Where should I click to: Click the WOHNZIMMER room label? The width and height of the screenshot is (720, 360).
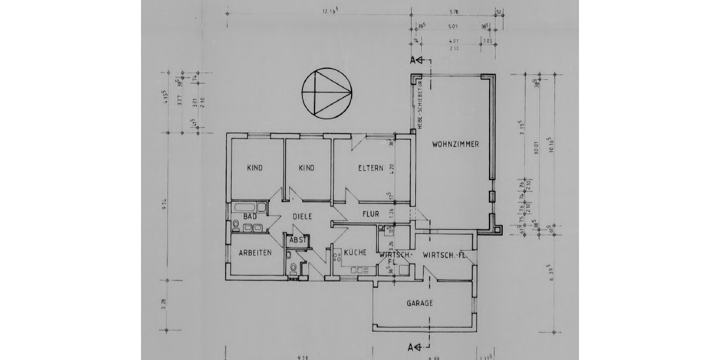coord(454,144)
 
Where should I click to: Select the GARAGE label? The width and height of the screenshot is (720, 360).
coord(420,304)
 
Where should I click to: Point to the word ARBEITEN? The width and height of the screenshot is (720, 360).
coord(256,253)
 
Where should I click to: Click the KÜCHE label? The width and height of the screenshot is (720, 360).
coord(354,253)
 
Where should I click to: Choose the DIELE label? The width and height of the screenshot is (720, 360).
coord(302,217)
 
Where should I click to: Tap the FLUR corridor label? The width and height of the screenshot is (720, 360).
coord(370,213)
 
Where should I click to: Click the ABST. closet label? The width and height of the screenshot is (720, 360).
coord(298,240)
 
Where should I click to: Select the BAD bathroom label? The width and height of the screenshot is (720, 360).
coord(250,216)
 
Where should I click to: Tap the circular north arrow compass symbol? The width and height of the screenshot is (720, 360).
coord(326,92)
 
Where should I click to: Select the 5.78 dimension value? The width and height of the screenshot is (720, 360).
coord(454,11)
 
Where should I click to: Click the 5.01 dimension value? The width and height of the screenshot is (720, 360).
coord(453,26)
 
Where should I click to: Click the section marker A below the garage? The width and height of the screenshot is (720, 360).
coord(412,347)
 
